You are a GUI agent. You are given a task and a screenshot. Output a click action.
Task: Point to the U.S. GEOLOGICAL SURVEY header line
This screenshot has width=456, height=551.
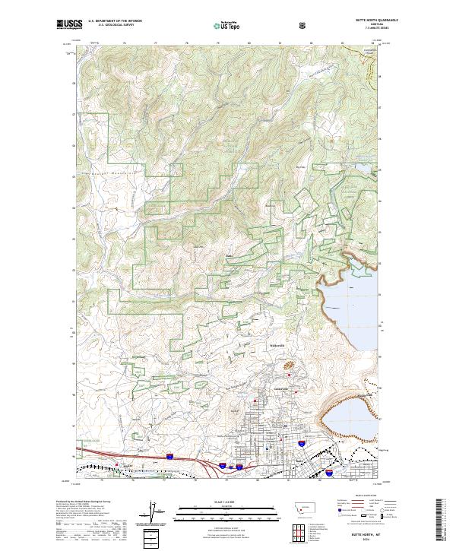(x=111, y=26)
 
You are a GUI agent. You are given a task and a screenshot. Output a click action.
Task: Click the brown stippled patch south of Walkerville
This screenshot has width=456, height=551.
(x=290, y=366)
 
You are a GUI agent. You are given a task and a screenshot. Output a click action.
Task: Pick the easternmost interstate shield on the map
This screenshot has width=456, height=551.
(x=329, y=471)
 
